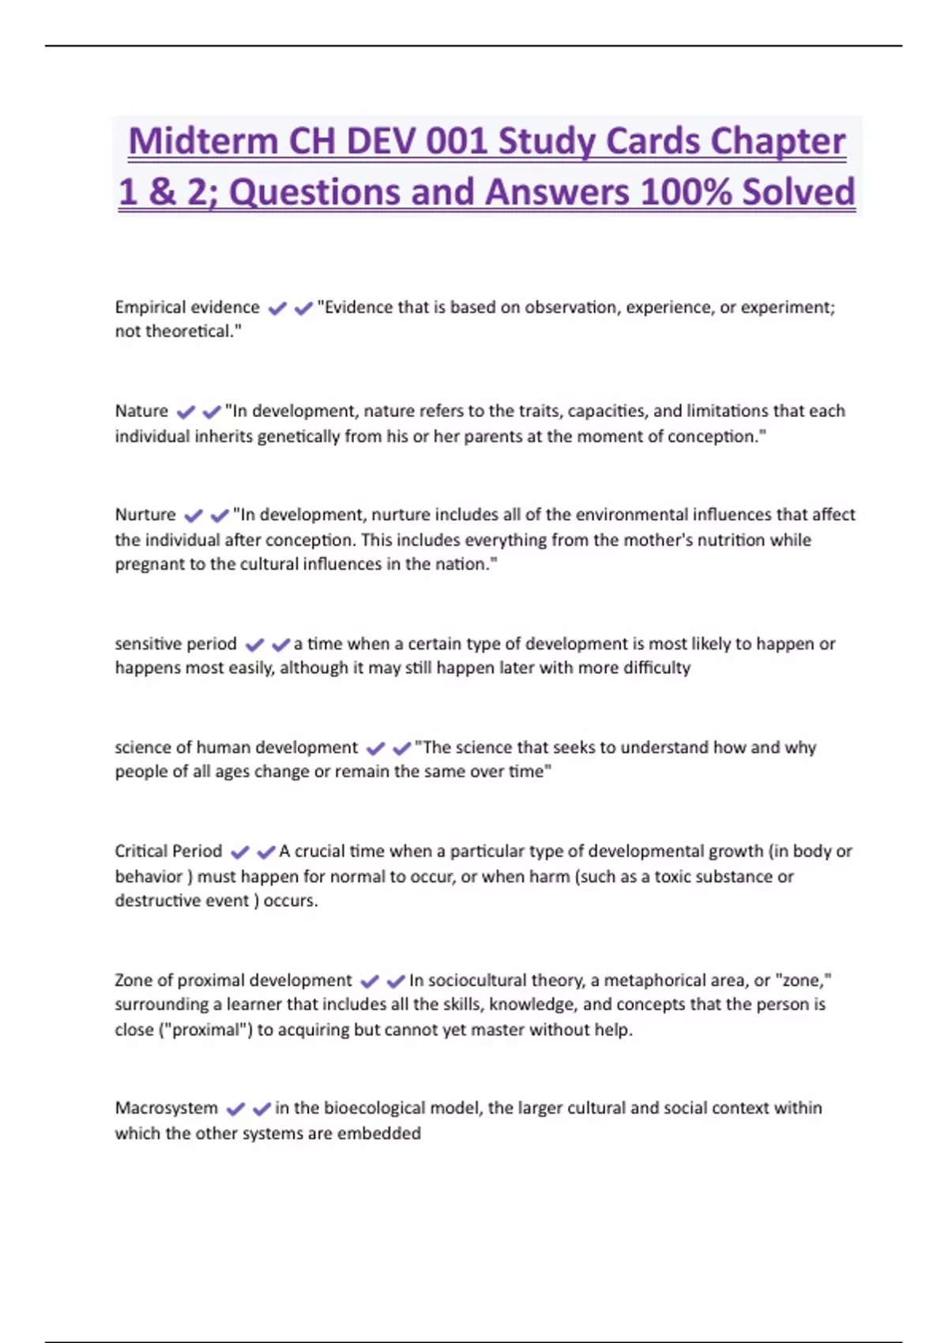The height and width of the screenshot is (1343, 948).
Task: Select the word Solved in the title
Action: point(799,193)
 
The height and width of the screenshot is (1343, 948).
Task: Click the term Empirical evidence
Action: point(187,307)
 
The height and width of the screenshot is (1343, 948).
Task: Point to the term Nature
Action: point(141,411)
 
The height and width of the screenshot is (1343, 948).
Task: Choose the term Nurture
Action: point(145,515)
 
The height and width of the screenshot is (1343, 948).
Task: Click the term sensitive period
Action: point(175,644)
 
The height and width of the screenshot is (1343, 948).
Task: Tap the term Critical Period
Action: point(168,852)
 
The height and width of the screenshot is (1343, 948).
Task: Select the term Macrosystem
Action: point(166,1108)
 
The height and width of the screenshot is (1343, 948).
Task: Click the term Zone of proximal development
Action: point(233,980)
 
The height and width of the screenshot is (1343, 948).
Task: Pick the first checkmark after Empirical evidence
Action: point(277,308)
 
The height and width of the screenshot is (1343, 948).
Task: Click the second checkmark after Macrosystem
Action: point(261,1109)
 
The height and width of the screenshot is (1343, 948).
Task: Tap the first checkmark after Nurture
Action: point(194,516)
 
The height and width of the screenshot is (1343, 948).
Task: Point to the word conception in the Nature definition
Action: point(713,436)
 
